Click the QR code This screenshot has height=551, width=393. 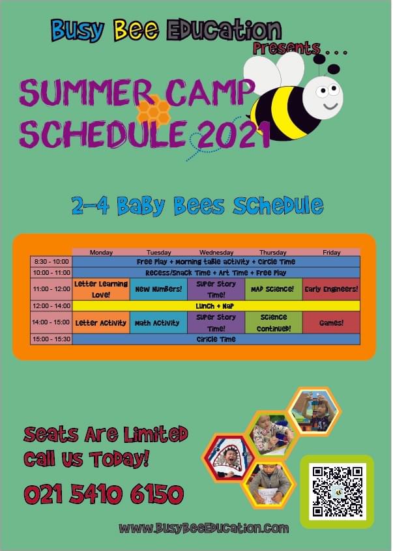338,492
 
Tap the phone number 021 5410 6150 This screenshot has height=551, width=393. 104,494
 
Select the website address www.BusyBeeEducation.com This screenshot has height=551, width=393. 204,528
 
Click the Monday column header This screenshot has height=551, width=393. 101,252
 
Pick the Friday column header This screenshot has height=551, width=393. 331,252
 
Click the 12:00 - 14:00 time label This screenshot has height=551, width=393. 51,305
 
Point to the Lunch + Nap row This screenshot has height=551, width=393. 216,305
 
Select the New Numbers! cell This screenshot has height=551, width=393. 158,289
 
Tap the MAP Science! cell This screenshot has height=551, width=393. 274,289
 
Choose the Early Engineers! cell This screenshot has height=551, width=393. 331,289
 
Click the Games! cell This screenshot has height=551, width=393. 331,322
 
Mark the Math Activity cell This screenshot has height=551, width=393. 158,322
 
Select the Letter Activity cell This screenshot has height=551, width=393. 101,322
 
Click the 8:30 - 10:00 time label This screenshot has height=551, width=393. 51,262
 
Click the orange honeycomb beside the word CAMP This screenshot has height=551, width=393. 154,110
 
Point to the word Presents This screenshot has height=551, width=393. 287,48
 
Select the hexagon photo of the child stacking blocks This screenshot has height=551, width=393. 314,412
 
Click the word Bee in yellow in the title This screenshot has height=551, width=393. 136,29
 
